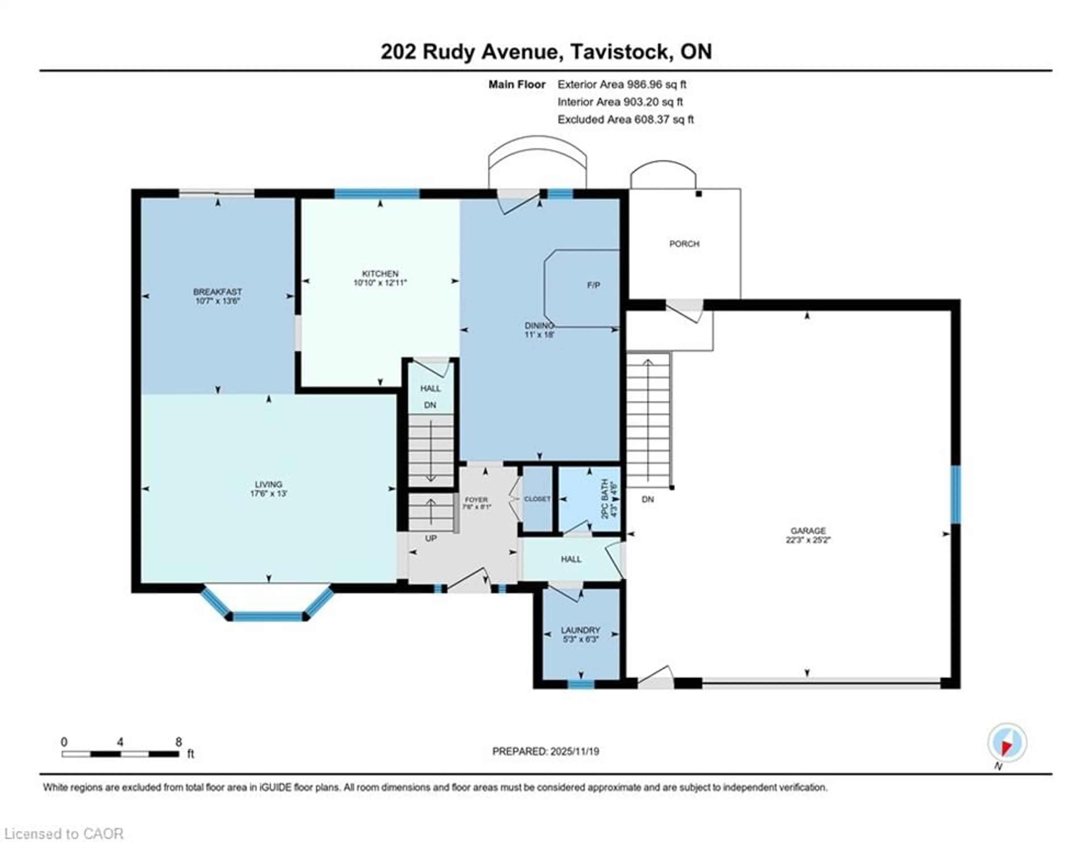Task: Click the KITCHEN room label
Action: (380, 274)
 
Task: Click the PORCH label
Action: (684, 244)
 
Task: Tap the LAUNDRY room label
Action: (580, 630)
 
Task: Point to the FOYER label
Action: (476, 499)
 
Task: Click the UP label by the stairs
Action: (431, 538)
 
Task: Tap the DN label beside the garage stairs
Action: (647, 499)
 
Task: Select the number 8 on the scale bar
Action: (178, 742)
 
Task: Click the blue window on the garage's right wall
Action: (955, 494)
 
